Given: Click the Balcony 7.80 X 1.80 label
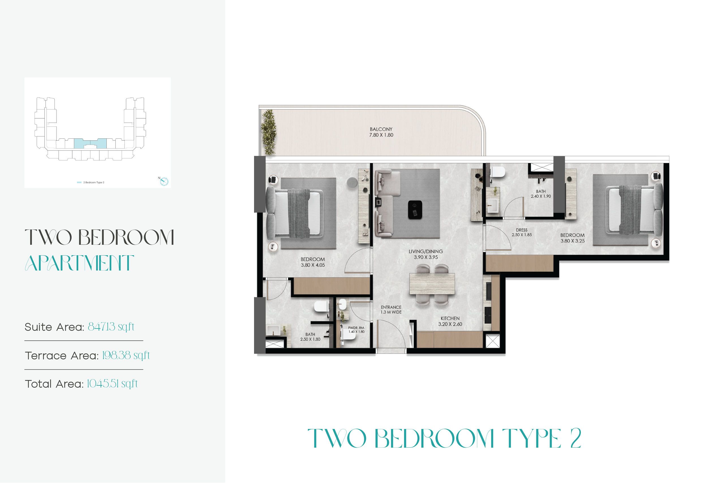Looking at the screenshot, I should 381,132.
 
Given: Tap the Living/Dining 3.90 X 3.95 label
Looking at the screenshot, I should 426,254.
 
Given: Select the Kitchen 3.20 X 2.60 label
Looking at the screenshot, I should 450,321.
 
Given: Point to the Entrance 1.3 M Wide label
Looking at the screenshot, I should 391,310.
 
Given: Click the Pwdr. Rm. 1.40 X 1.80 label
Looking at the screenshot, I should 356,330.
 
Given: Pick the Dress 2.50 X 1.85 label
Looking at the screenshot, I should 522,232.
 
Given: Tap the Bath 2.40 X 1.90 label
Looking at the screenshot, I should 541,194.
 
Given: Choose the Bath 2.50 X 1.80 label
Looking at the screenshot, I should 310,337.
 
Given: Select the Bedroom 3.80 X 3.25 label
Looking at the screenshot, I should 572,238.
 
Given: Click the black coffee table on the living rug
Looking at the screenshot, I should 415,209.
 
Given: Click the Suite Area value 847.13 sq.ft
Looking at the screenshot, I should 111,327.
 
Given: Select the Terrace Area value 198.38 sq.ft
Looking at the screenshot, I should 126,355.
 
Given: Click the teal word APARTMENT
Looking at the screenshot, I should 79,263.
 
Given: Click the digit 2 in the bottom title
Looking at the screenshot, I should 575,438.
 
